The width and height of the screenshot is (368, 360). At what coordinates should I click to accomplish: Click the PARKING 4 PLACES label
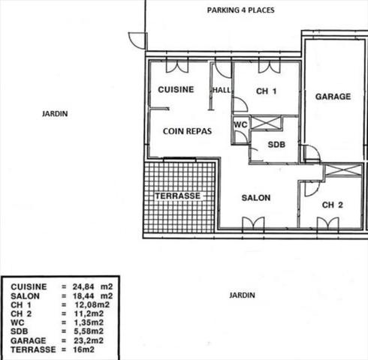(240, 10)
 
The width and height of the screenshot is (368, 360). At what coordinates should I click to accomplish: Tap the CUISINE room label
(176, 89)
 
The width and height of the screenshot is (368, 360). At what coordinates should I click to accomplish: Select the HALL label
(221, 90)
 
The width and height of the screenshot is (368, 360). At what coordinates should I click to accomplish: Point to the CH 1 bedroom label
(266, 92)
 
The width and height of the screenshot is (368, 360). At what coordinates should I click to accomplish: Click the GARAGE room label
(333, 97)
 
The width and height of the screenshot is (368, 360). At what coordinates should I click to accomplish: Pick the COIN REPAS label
(187, 130)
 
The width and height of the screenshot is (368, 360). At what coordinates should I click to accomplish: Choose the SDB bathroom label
(276, 144)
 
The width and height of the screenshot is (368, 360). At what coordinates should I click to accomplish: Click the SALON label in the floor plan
(255, 198)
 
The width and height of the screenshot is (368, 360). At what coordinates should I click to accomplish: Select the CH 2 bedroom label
(333, 205)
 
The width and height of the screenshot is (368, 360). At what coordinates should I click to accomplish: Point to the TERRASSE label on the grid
(177, 196)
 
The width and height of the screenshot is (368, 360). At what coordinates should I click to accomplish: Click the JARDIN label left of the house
(55, 114)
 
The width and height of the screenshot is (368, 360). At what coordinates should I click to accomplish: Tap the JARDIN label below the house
(241, 295)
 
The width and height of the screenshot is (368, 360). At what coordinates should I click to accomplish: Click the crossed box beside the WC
(265, 123)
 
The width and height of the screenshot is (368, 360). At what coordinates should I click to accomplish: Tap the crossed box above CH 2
(332, 171)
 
